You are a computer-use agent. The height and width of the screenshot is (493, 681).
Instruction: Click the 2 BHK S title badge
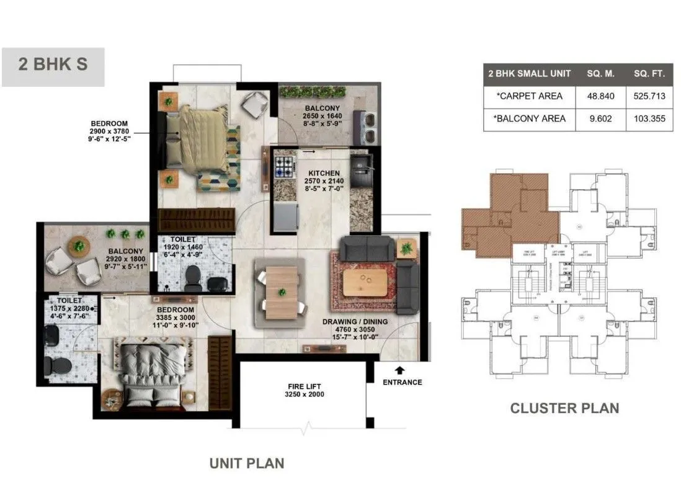pyautogui.click(x=53, y=65)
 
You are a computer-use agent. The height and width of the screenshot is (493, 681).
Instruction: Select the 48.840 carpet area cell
pyautogui.click(x=600, y=96)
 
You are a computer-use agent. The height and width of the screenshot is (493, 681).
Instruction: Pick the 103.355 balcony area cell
pyautogui.click(x=649, y=118)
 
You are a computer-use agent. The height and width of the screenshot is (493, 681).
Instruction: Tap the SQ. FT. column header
pyautogui.click(x=649, y=74)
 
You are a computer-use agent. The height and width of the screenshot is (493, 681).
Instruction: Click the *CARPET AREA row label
pyautogui.click(x=530, y=96)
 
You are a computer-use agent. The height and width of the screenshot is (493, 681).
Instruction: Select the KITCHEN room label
pyautogui.click(x=323, y=173)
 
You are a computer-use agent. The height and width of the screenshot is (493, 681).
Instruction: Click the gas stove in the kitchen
pyautogui.click(x=285, y=167)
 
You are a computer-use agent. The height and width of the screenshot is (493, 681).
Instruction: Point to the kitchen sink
pyautogui.click(x=360, y=164)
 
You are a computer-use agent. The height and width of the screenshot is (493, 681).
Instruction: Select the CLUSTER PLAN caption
pyautogui.click(x=564, y=408)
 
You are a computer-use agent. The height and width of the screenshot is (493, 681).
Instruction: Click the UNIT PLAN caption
pyautogui.click(x=246, y=463)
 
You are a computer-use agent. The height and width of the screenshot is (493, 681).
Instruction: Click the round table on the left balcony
pyautogui.click(x=79, y=245)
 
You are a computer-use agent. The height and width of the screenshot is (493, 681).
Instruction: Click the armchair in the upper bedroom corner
pyautogui.click(x=254, y=104)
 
